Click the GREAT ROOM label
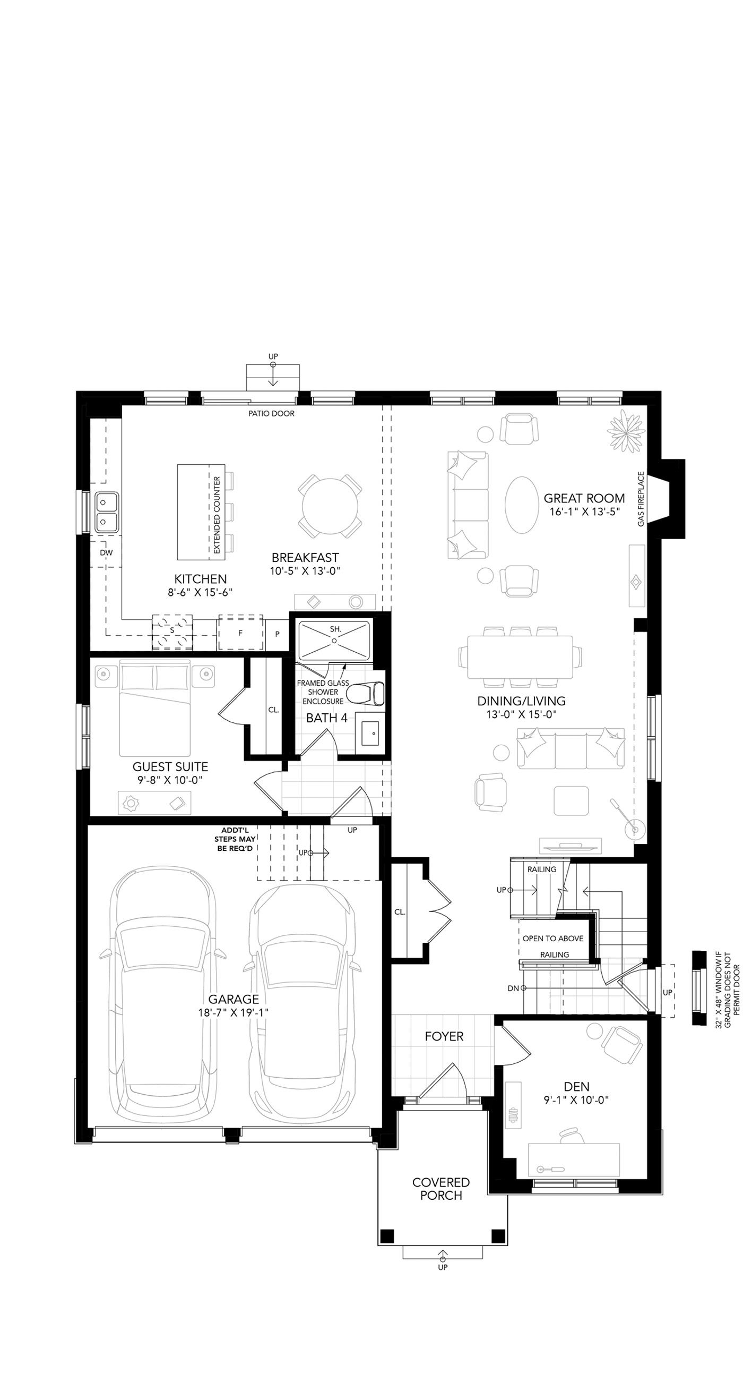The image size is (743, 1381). (584, 498)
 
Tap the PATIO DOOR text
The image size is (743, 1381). (271, 413)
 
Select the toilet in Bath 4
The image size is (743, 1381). (365, 693)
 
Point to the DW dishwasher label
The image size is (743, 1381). (106, 552)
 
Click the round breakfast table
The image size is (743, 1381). (330, 505)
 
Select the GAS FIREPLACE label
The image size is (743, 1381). (641, 499)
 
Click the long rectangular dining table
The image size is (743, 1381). (520, 657)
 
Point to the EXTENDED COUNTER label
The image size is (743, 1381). (217, 515)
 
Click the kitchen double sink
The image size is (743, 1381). (107, 512)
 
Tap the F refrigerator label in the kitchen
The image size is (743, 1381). (240, 633)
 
